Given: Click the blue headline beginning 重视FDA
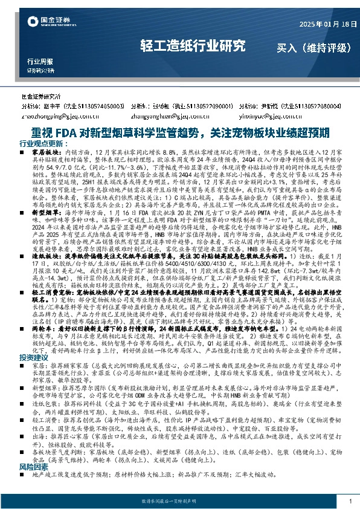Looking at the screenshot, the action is click(180, 132).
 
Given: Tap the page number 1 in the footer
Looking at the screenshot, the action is click(350, 501).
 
